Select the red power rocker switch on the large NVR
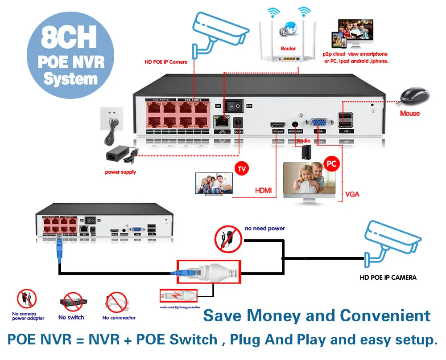click(x=234, y=106)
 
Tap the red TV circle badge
click(x=241, y=169)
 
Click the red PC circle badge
click(x=331, y=164)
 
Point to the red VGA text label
click(x=352, y=194)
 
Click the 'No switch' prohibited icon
click(x=71, y=302)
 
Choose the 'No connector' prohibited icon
click(x=116, y=303)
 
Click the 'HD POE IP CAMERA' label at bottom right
click(x=388, y=278)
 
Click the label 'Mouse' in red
click(x=410, y=113)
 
